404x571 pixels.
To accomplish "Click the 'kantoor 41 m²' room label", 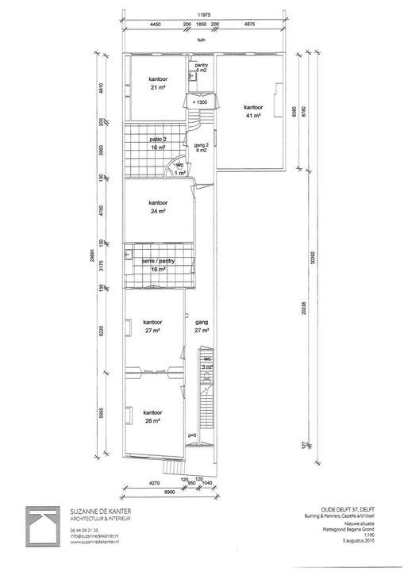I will click(252, 111).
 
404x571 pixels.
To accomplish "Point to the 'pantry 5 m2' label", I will click(201, 68).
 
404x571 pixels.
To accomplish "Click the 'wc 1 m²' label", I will click(180, 169).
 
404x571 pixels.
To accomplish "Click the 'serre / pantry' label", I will click(158, 265).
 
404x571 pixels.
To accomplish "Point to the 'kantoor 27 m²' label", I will click(153, 326).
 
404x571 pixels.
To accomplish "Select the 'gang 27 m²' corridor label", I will click(201, 326).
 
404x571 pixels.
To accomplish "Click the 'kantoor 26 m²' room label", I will click(153, 417).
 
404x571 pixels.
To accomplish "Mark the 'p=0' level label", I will click(192, 436).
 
